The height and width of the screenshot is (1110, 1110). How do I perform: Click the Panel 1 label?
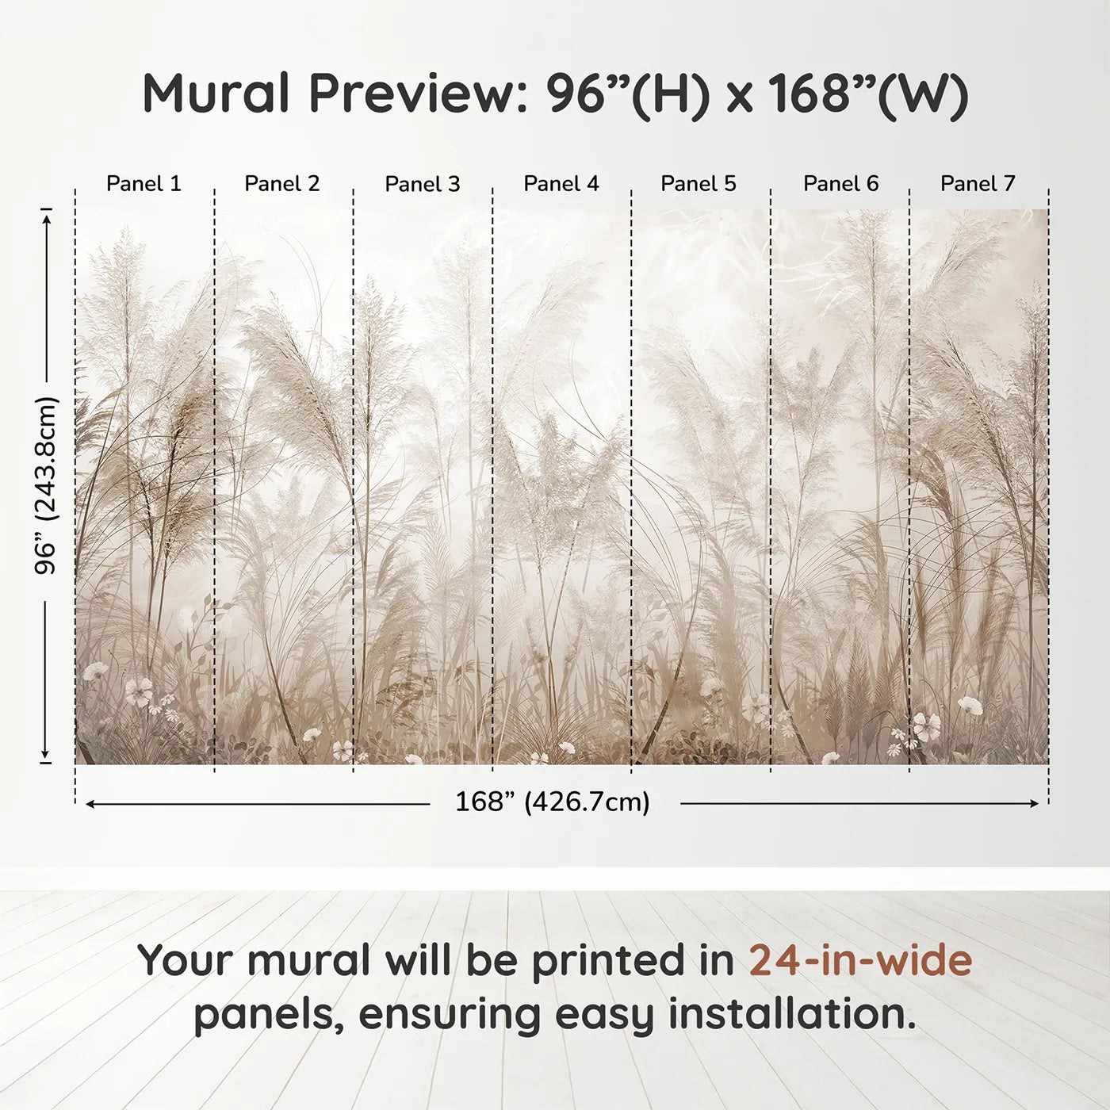[144, 184]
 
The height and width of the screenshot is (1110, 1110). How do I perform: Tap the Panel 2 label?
[282, 184]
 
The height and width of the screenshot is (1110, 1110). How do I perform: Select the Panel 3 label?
[422, 184]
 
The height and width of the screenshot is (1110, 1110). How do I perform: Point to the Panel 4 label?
[561, 184]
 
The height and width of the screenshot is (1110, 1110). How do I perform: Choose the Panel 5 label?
[699, 184]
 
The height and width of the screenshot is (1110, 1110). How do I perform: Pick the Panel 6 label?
[840, 184]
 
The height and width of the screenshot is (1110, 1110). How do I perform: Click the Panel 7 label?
[978, 184]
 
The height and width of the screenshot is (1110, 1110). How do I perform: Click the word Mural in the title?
[216, 94]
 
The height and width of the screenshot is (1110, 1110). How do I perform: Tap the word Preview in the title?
[413, 94]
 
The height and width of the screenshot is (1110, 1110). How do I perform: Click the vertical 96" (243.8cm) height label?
[47, 485]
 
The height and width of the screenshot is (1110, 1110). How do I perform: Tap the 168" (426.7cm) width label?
[553, 802]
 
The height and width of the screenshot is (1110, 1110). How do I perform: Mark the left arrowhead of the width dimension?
[90, 804]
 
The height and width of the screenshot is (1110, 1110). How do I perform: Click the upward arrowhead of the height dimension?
[47, 216]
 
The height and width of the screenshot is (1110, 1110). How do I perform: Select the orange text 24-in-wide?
[860, 960]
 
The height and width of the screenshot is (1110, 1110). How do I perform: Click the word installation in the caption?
[791, 1015]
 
